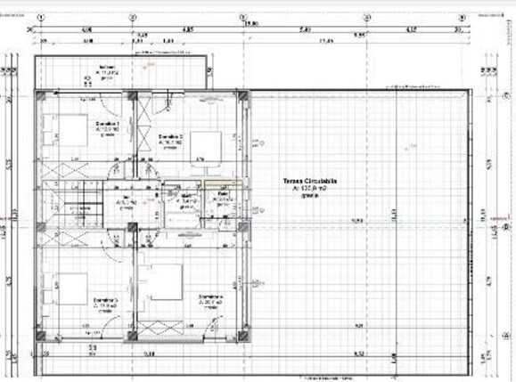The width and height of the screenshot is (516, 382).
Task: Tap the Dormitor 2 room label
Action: tap(171, 135)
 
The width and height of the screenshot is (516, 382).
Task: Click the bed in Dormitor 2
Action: tap(205, 145)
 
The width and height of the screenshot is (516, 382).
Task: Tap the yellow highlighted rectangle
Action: tap(220, 183)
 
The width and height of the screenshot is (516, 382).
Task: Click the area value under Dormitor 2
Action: tap(171, 142)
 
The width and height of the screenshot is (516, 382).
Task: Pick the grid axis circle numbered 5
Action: tap(462, 17)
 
